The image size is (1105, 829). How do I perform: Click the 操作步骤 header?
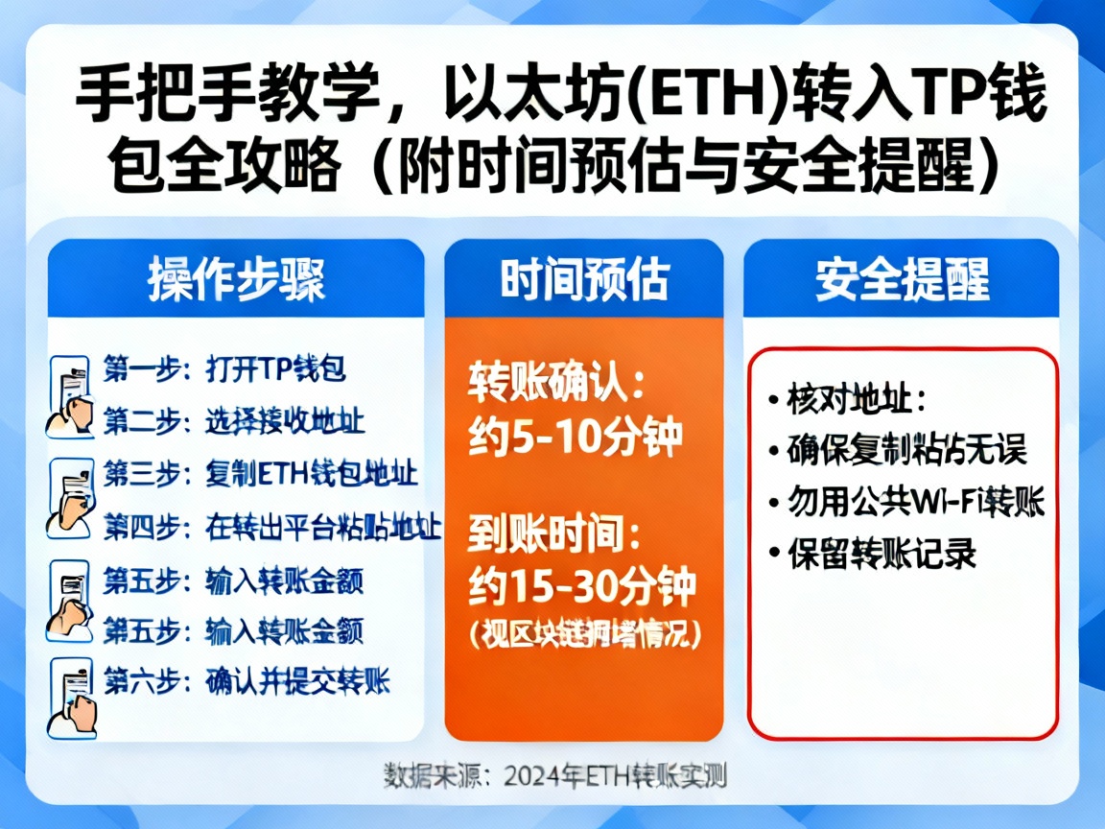(x=236, y=279)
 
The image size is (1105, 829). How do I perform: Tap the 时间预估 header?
(x=583, y=279)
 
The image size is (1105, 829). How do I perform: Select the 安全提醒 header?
(x=902, y=279)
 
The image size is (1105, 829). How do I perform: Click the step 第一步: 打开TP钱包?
(x=223, y=368)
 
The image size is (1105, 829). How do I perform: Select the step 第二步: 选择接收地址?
(x=234, y=420)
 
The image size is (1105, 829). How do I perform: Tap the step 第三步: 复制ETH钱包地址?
(x=260, y=474)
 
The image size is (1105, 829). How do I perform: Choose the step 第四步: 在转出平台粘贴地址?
(x=271, y=527)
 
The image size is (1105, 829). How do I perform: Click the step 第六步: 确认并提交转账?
(x=247, y=683)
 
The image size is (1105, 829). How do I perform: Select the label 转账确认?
(x=556, y=384)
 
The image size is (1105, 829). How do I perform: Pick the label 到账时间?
(x=556, y=533)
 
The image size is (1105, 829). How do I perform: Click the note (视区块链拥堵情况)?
(x=582, y=634)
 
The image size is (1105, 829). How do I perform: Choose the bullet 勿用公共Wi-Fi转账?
(x=915, y=502)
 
